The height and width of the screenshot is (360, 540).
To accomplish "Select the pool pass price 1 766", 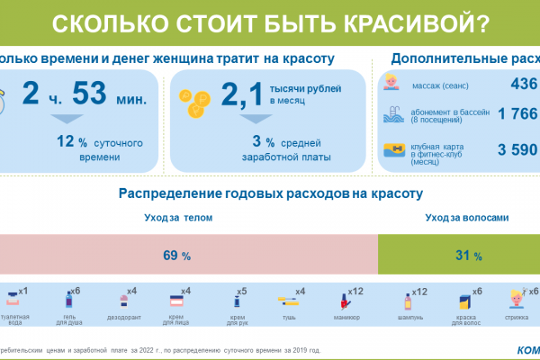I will point(512,116).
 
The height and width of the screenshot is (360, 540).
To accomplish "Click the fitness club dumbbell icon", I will point(393,149).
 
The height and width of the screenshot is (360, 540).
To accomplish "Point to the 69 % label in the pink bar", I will point(176,256).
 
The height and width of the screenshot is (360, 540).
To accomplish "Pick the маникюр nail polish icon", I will point(344,298).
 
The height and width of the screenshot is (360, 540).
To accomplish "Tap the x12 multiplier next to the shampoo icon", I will point(418,292).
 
